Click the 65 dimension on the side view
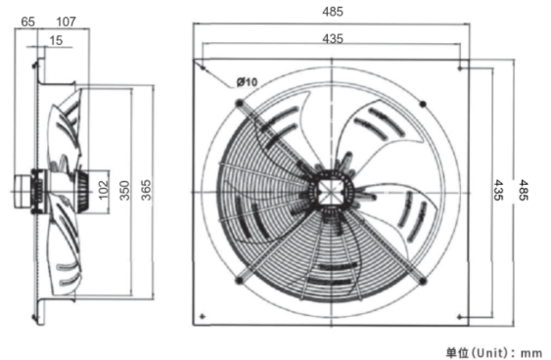click(x=27, y=22)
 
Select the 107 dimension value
click(x=66, y=22)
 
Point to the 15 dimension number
click(x=56, y=40)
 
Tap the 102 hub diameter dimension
click(x=104, y=190)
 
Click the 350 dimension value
click(x=124, y=191)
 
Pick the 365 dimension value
click(x=146, y=190)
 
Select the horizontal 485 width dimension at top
click(x=333, y=12)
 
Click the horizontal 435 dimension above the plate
click(x=333, y=38)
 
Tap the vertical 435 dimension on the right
click(x=498, y=190)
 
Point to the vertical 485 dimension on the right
click(x=524, y=190)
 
